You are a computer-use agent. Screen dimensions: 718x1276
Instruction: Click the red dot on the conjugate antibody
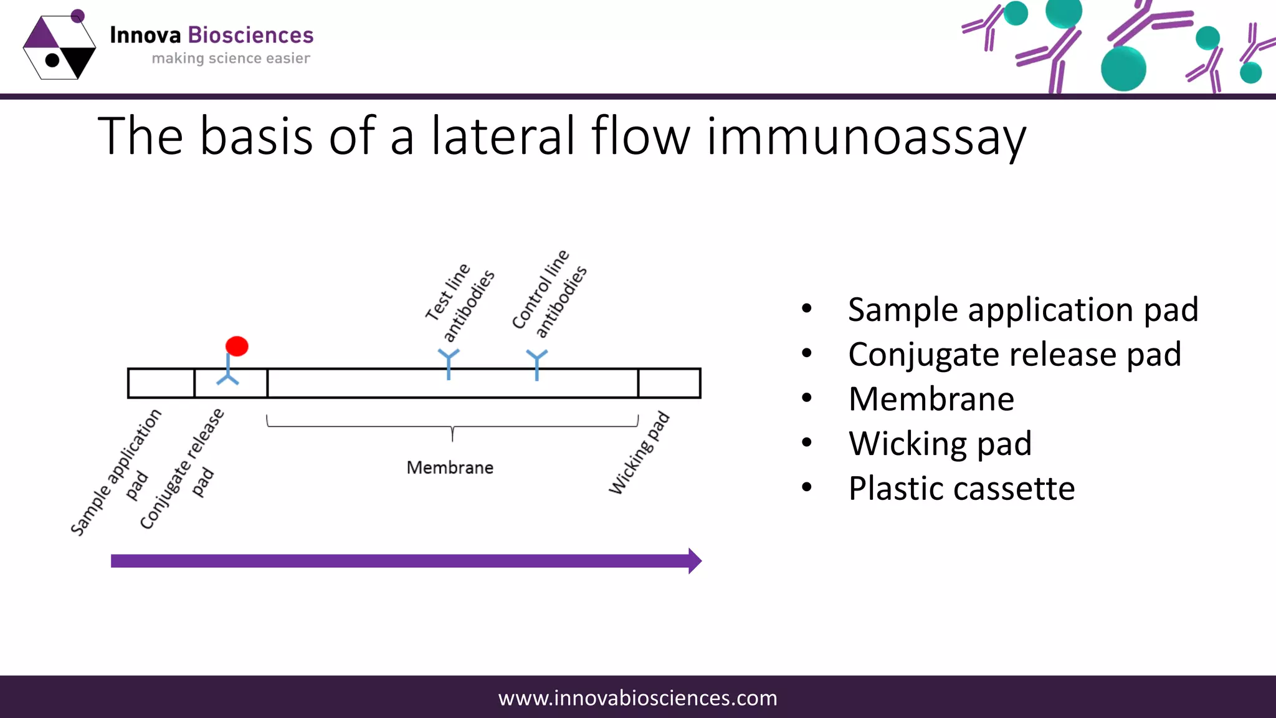point(237,346)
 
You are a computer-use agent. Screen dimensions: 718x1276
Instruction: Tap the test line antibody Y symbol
point(449,363)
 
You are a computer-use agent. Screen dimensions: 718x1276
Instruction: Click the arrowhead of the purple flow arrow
point(694,561)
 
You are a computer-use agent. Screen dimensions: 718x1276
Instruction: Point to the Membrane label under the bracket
point(450,467)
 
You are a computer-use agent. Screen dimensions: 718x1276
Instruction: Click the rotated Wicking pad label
point(639,453)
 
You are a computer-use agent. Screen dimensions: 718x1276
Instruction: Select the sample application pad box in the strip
point(161,383)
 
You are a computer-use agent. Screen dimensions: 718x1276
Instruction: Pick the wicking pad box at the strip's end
point(669,383)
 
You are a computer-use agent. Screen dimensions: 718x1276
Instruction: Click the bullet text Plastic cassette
point(961,488)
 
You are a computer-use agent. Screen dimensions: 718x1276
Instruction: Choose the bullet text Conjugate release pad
point(1014,354)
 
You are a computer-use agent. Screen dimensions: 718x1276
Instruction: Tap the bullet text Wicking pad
point(940,443)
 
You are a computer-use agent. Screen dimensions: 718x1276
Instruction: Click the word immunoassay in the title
point(866,136)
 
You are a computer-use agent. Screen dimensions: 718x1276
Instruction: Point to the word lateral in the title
point(503,136)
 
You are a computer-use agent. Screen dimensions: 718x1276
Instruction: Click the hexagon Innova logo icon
point(59,47)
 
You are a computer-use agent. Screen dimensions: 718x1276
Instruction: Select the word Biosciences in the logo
point(250,36)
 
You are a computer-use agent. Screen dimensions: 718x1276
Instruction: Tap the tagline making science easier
point(231,59)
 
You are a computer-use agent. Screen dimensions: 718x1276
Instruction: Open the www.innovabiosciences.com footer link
point(638,697)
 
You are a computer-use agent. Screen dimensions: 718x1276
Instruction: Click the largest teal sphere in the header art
point(1123,69)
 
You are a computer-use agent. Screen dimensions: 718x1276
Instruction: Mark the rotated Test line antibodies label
point(460,302)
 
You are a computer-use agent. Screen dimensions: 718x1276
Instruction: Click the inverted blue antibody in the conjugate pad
point(227,373)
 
